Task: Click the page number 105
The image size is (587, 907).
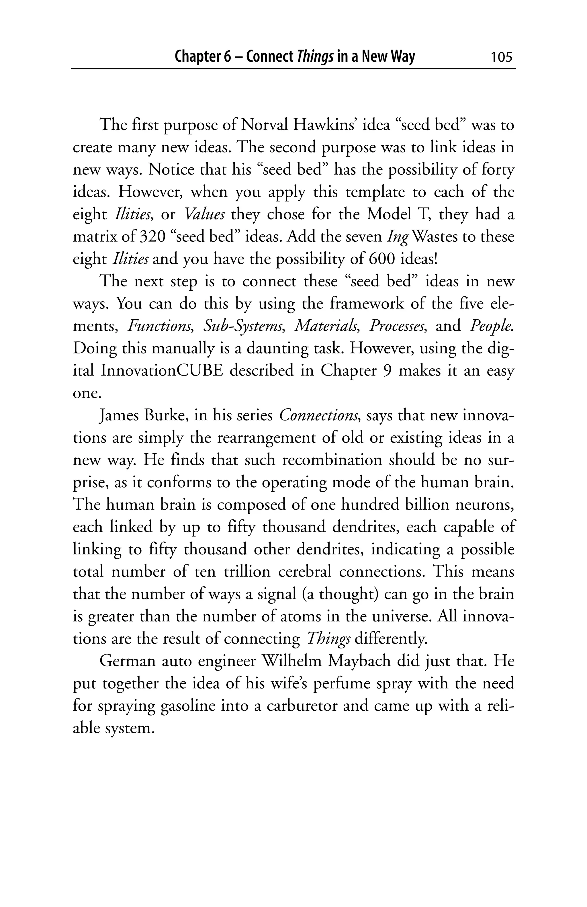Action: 501,57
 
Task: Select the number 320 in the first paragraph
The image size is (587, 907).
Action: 151,237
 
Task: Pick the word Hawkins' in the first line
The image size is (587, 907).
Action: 324,125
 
